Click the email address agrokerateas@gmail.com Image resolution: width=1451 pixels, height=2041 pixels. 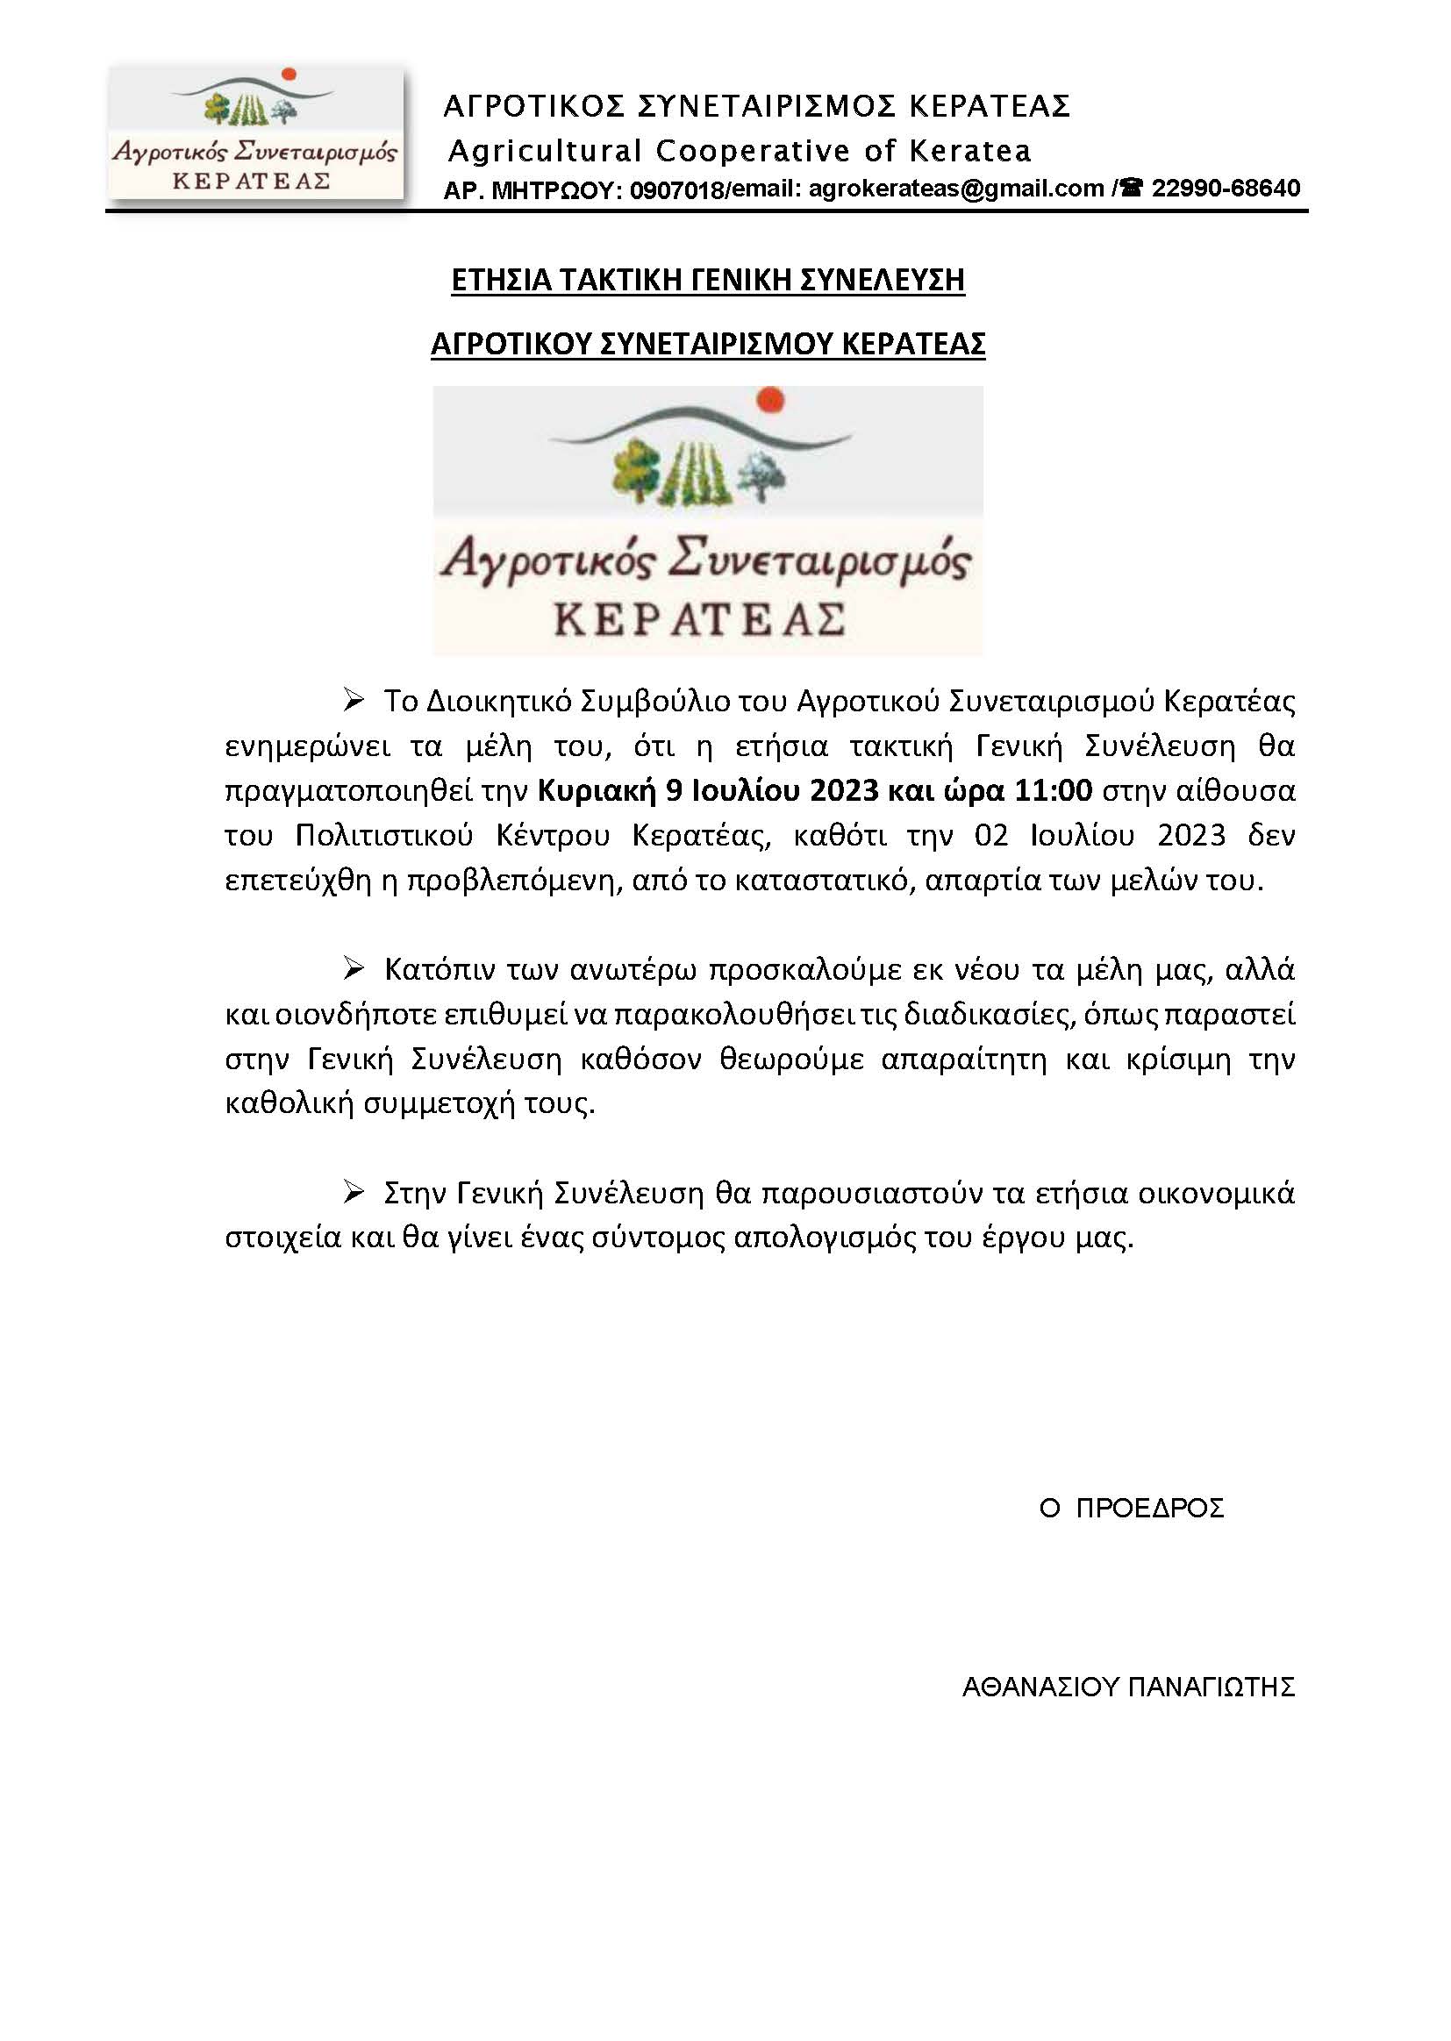click(956, 189)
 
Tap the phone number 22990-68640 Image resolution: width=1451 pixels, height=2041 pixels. click(1225, 189)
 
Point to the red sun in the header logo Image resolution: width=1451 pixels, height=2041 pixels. click(288, 75)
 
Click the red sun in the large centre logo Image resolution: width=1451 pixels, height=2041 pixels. click(771, 401)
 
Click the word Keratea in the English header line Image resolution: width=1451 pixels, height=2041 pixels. click(970, 151)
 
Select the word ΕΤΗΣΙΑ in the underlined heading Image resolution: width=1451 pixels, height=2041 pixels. click(501, 281)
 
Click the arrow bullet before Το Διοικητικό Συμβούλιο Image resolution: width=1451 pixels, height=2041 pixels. click(354, 701)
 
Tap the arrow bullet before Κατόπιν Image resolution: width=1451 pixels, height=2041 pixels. click(354, 969)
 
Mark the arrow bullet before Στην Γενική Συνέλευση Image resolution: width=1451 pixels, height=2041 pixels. click(354, 1193)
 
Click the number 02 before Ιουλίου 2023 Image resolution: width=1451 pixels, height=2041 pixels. click(992, 836)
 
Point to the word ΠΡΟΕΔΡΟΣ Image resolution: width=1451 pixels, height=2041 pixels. click(1149, 1509)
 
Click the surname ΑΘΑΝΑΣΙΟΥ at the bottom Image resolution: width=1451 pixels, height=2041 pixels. click(1041, 1688)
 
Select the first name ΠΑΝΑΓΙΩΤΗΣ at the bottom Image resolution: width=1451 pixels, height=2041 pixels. click(1212, 1688)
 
